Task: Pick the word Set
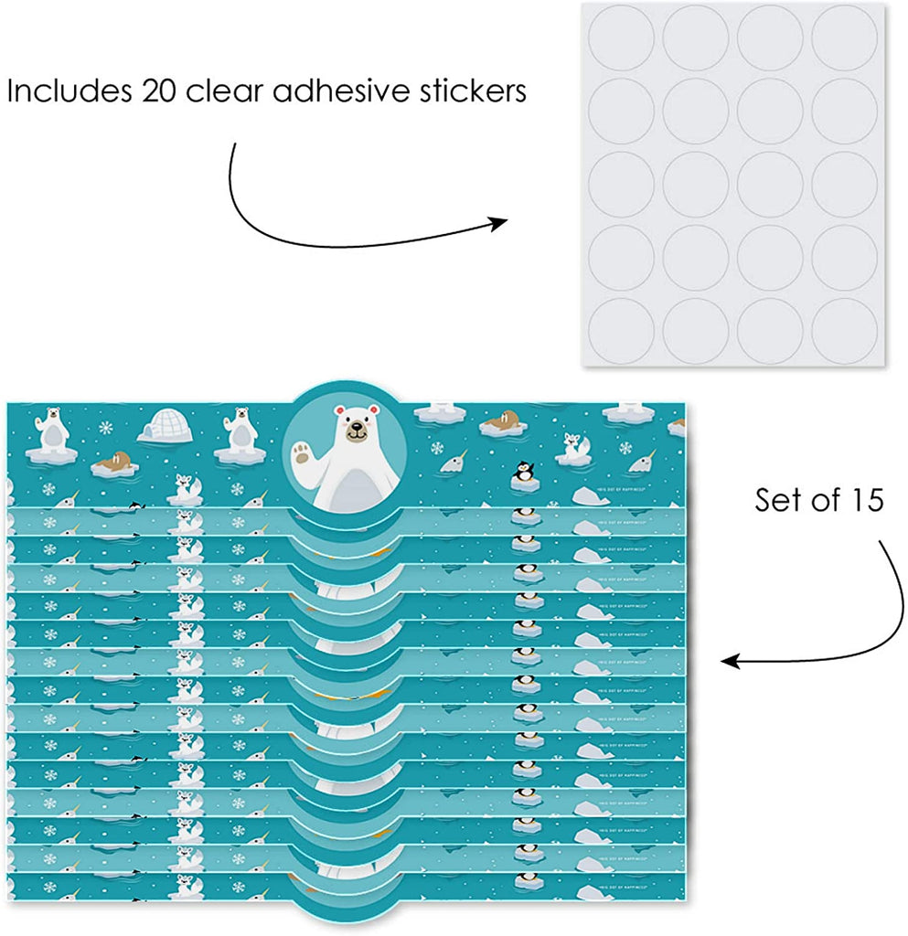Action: [x=778, y=501]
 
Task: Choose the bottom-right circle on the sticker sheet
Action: [x=844, y=329]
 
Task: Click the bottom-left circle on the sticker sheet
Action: [x=620, y=329]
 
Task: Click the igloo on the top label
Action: [x=165, y=425]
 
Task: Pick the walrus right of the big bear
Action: [x=499, y=421]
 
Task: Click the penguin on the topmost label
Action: [x=524, y=473]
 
